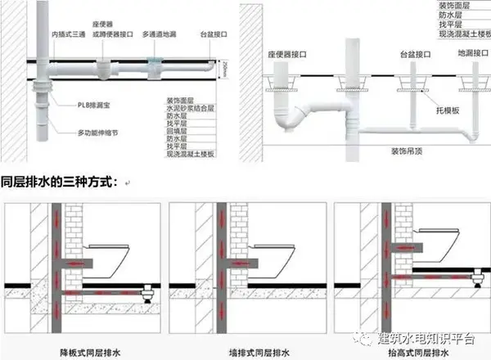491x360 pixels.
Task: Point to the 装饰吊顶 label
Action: (x=407, y=151)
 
